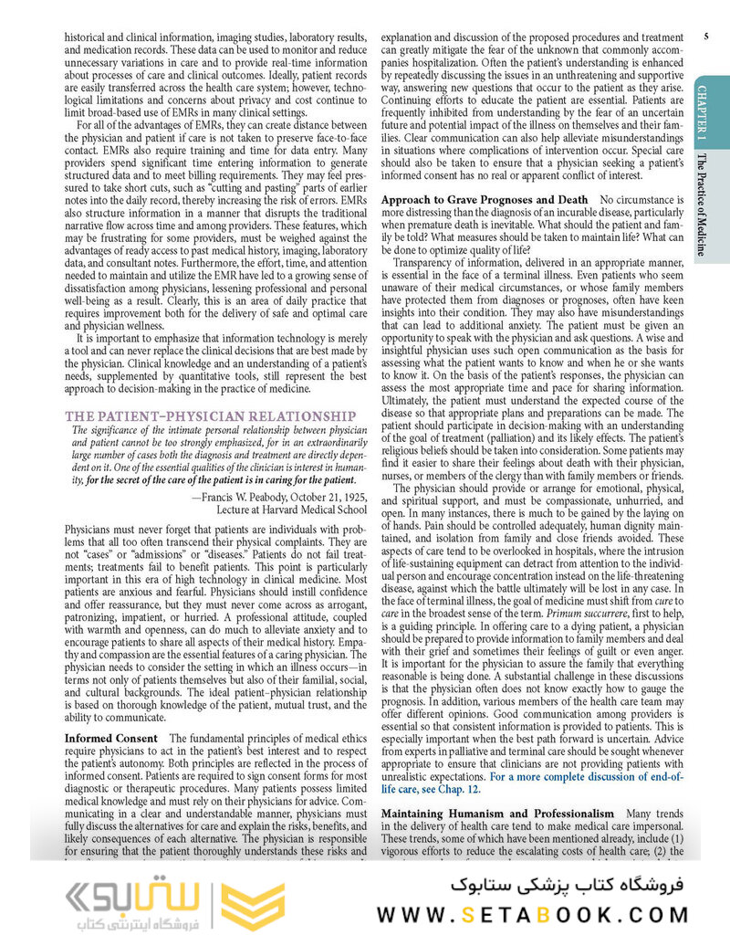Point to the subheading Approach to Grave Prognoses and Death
tap(485, 198)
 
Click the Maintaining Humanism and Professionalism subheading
tap(497, 813)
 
